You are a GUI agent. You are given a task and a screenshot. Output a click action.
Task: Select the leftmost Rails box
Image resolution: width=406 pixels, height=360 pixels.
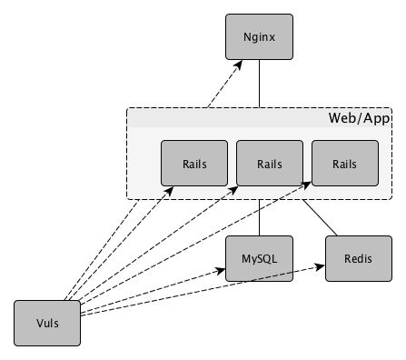tap(193, 165)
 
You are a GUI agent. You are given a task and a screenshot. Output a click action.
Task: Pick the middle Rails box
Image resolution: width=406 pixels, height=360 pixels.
tap(269, 165)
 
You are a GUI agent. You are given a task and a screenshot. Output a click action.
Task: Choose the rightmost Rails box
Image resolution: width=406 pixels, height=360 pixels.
tap(344, 165)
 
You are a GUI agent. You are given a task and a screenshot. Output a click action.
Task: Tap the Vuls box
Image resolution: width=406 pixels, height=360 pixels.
tap(47, 323)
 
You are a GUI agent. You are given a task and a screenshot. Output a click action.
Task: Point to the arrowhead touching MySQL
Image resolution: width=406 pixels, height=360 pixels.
tap(222, 270)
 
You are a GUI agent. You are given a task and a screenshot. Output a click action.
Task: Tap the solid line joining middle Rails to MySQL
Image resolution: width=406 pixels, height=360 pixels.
tap(260, 217)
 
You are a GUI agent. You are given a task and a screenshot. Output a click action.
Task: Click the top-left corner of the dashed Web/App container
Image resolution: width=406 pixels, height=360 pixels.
tap(127, 109)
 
